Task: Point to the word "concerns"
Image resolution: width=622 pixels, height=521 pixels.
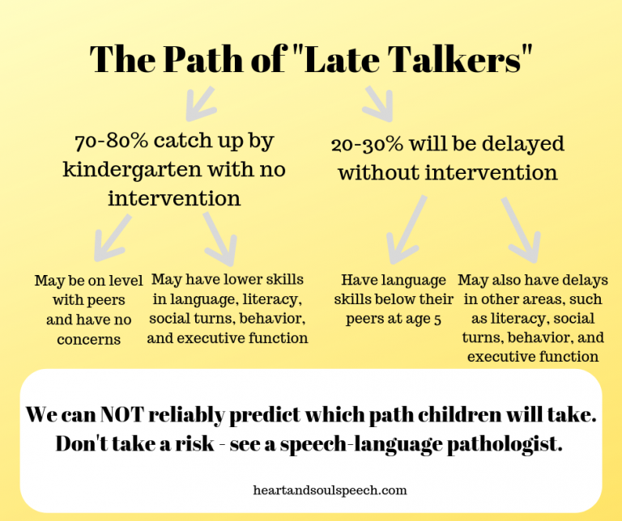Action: pos(88,339)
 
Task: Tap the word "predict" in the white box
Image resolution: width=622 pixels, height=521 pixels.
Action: pos(272,415)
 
